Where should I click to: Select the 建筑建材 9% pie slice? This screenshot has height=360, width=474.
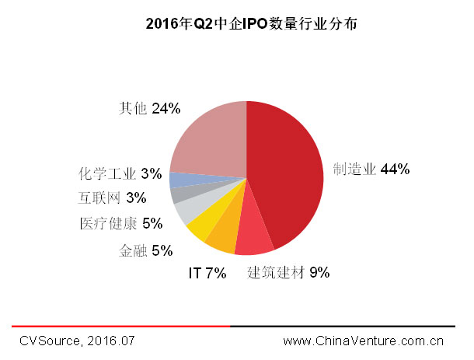tap(255, 239)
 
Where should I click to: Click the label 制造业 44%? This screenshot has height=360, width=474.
tap(371, 169)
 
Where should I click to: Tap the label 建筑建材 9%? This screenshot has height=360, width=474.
tap(288, 273)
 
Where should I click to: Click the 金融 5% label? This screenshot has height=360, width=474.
tap(145, 250)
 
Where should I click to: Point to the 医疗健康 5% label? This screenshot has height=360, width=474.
tap(120, 224)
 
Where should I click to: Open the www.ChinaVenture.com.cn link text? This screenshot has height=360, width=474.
tap(363, 341)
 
